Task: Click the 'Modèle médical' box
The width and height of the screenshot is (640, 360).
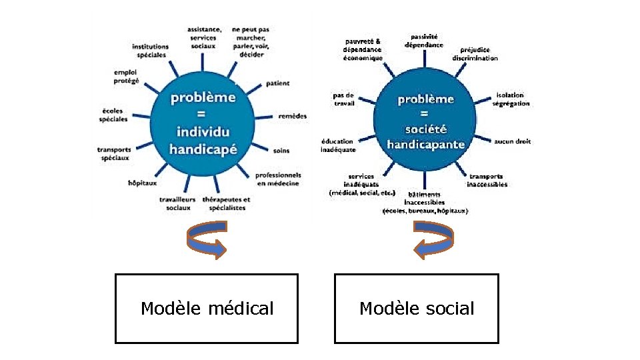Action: click(207, 309)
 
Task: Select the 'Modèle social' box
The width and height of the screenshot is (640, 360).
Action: click(417, 309)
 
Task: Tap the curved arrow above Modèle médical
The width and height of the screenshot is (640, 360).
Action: click(207, 241)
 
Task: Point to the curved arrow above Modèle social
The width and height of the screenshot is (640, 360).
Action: click(434, 241)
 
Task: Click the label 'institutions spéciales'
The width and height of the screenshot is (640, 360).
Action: click(150, 51)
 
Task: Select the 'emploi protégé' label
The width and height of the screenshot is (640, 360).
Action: click(126, 76)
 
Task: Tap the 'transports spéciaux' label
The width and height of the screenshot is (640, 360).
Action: click(114, 153)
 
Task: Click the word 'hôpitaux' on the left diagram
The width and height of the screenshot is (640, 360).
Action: click(142, 182)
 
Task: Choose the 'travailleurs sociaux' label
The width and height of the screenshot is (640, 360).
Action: click(177, 203)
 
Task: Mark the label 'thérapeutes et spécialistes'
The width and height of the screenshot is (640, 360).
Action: click(226, 203)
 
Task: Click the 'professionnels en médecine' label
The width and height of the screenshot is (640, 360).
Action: click(278, 179)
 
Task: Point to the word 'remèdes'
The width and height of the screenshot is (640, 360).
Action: click(293, 116)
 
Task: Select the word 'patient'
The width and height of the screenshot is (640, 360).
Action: click(277, 83)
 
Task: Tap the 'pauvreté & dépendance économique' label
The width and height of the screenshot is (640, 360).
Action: click(363, 49)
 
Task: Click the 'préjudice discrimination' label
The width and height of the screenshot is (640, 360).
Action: click(475, 54)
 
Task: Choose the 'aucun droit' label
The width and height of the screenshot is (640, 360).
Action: click(513, 141)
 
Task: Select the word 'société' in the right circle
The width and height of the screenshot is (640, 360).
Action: click(426, 129)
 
